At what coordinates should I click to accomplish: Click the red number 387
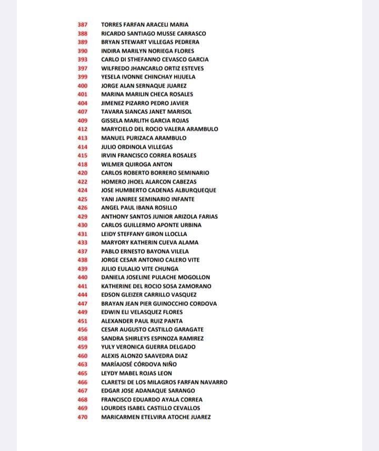tap(83, 25)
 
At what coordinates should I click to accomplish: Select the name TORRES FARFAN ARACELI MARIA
tap(145, 25)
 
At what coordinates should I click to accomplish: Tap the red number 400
tap(83, 85)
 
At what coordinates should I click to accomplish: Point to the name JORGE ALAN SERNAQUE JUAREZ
tap(144, 85)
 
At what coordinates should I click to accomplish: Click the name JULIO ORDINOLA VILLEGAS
tap(137, 147)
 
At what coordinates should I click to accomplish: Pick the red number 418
tap(83, 164)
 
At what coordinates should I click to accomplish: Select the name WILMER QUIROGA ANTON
tap(137, 164)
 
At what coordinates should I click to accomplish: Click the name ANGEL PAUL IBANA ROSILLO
tap(139, 208)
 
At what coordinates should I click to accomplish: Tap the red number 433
tap(83, 243)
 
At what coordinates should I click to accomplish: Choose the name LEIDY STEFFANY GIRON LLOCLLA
tap(144, 234)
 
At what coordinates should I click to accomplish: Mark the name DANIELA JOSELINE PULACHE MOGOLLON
tap(155, 277)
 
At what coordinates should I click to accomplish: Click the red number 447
tap(83, 303)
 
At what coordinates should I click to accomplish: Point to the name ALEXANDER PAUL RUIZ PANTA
tap(142, 321)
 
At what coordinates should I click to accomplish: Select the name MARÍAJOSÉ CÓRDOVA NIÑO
tap(139, 364)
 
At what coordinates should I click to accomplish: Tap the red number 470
tap(83, 417)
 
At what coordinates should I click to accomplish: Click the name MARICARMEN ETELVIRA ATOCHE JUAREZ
tap(156, 417)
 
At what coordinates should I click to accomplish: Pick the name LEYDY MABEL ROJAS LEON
tap(136, 373)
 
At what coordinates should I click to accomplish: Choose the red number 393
tap(83, 60)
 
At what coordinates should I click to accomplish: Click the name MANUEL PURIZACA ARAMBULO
tap(144, 138)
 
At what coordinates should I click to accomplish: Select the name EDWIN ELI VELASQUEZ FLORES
tap(142, 312)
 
